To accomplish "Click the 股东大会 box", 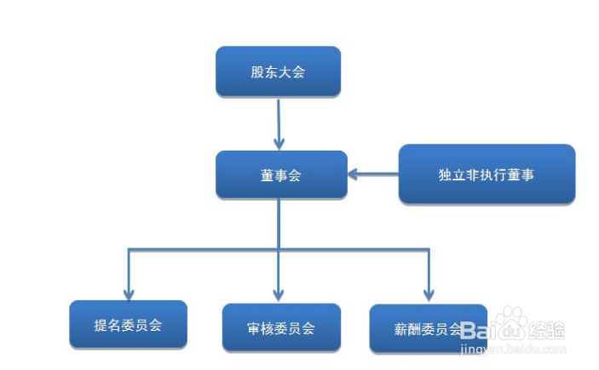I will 278,71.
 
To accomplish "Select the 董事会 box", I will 281,175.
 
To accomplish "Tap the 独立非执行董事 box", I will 487,174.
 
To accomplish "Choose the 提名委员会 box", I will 128,324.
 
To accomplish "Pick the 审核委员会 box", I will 281,327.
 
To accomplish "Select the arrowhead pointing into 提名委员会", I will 129,291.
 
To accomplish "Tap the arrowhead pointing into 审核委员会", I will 279,293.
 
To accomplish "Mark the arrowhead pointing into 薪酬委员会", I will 428,294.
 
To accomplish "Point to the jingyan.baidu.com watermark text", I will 511,347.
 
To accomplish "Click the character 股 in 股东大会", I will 257,72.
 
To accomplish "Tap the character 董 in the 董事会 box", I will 267,175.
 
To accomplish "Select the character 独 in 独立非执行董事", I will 445,174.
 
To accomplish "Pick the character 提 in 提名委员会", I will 101,324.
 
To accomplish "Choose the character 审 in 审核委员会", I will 254,327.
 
